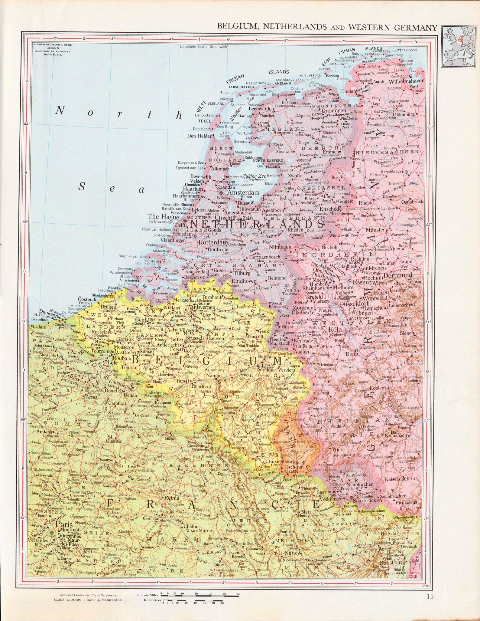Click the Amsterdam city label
tap(243, 192)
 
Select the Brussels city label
tap(195, 338)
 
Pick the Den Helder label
tap(199, 136)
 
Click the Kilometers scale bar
tap(193, 600)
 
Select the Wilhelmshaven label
tap(407, 81)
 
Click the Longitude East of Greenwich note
tap(203, 47)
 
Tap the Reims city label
tap(172, 498)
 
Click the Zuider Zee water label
tap(254, 176)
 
